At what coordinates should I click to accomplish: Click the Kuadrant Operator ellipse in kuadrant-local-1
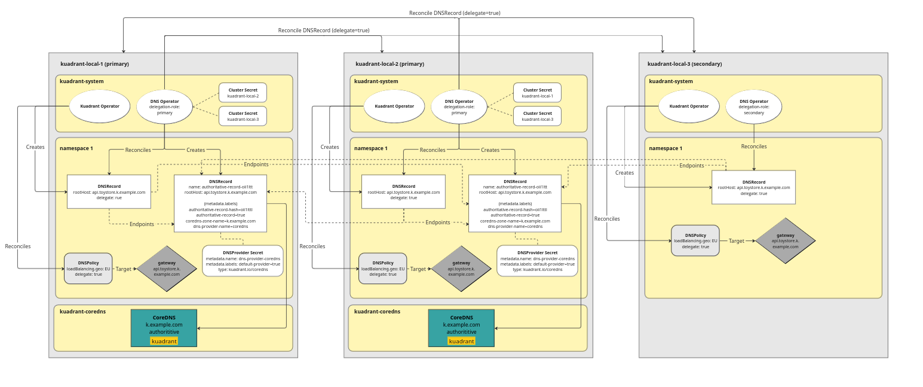[x=100, y=106]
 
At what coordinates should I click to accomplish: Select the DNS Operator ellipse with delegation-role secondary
[x=753, y=107]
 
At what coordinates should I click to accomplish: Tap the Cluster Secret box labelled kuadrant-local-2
[x=243, y=93]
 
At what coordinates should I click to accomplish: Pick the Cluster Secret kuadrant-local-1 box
[x=537, y=93]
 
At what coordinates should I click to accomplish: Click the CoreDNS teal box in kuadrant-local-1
[x=164, y=328]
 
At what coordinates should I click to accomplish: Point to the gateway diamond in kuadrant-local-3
[x=785, y=240]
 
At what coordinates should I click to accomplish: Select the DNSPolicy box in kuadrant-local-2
[x=382, y=268]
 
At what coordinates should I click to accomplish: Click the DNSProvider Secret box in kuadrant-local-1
[x=243, y=261]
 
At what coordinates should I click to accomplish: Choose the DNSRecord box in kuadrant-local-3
[x=753, y=187]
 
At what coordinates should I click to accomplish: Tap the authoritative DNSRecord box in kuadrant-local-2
[x=514, y=203]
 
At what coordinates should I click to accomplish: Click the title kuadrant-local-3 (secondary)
[x=684, y=64]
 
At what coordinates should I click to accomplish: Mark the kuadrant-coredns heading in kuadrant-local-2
[x=377, y=312]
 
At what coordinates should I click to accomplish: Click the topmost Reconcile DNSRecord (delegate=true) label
[x=455, y=13]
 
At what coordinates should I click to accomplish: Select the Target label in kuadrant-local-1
[x=124, y=269]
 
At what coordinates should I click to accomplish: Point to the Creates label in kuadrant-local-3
[x=624, y=173]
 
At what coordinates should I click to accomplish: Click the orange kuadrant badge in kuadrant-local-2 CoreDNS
[x=461, y=341]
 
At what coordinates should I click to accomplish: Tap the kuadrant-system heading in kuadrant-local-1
[x=82, y=81]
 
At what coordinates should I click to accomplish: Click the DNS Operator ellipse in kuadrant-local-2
[x=459, y=107]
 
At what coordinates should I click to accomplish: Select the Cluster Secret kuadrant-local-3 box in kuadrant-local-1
[x=243, y=116]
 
